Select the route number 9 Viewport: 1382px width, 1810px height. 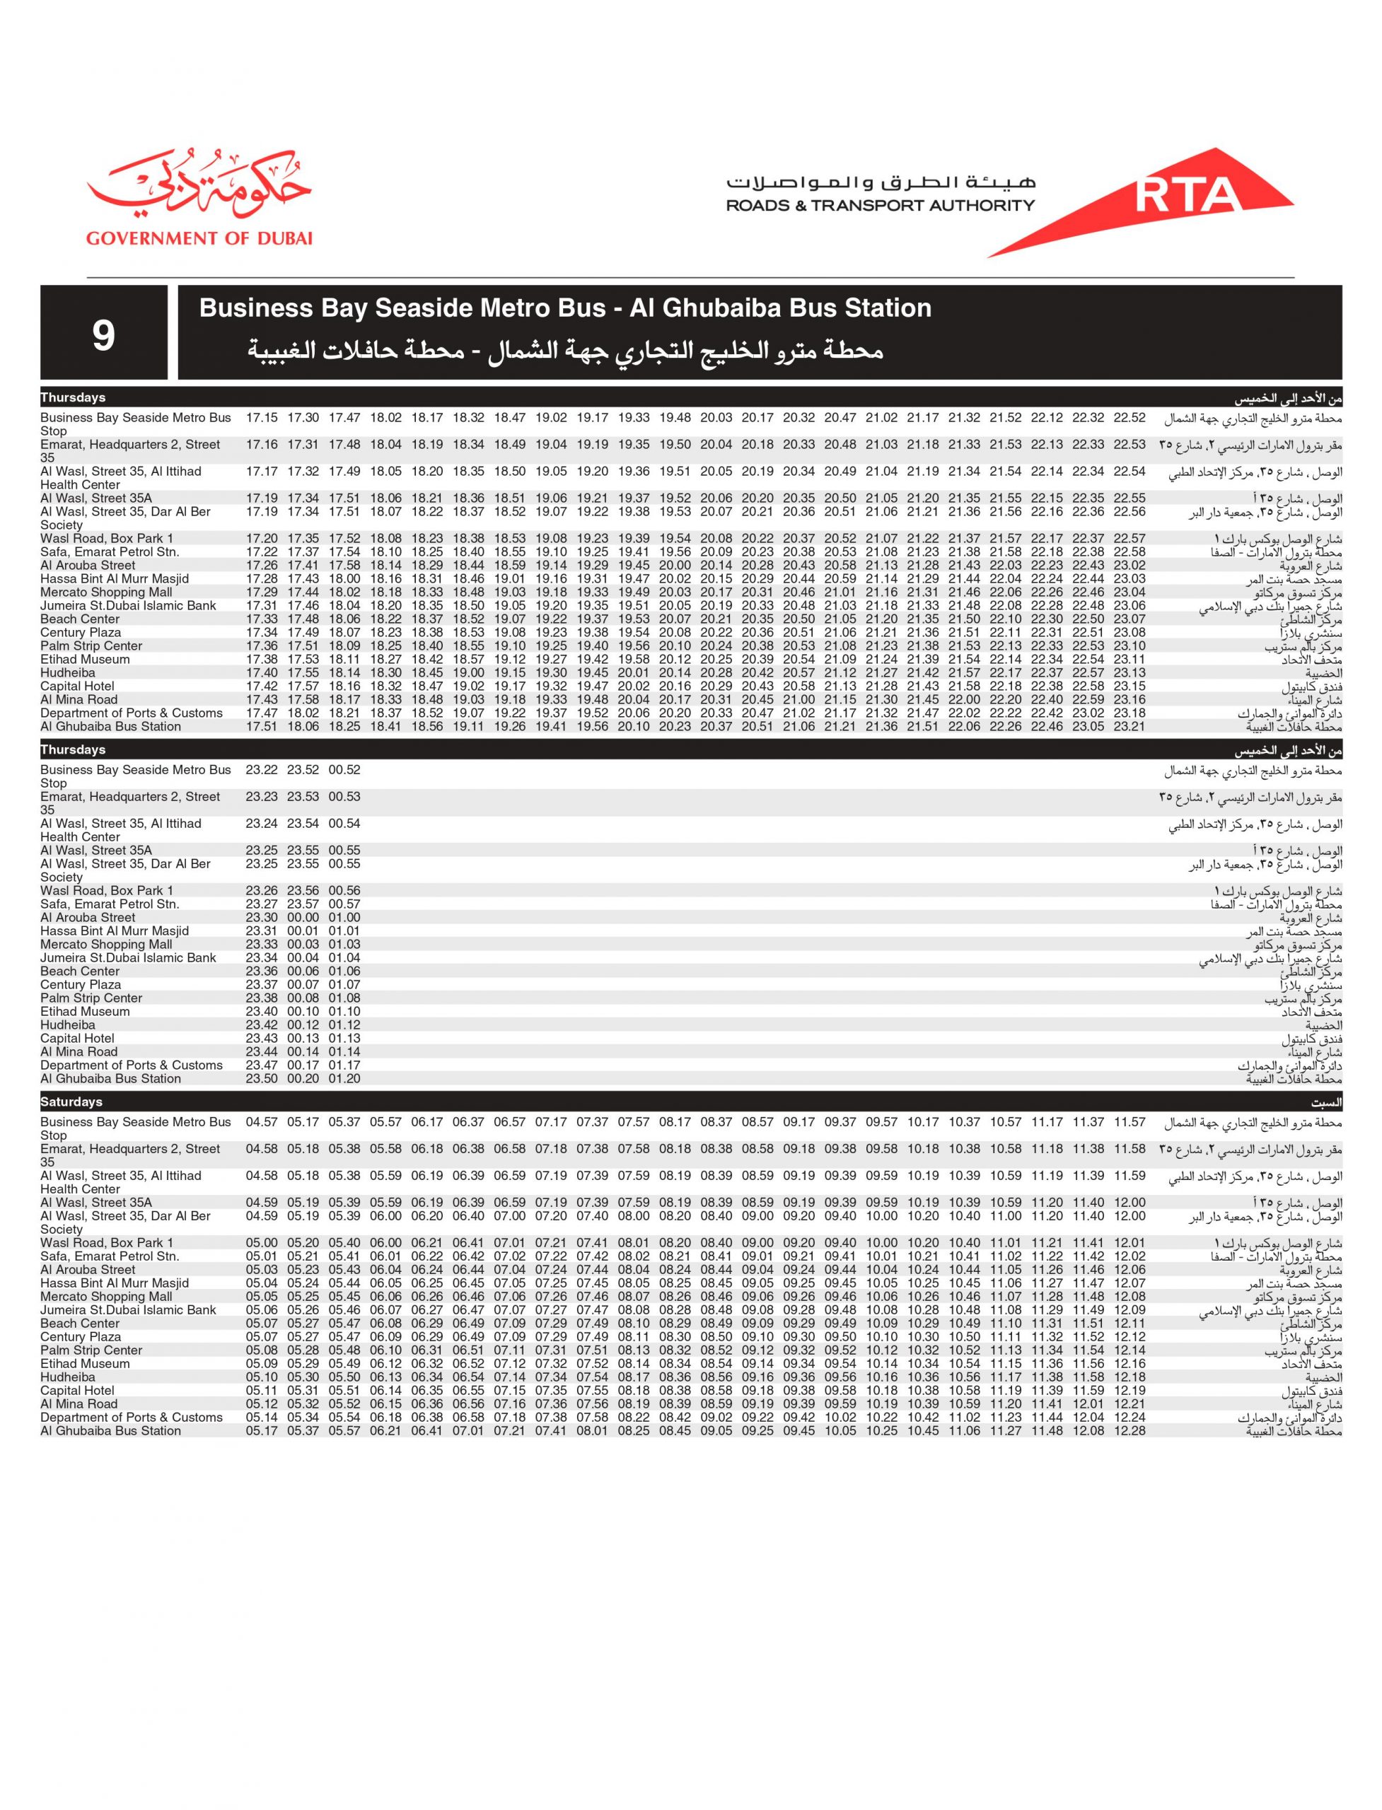tap(104, 334)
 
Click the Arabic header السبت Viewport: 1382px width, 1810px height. tap(1326, 1103)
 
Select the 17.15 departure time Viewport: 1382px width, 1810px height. tap(262, 418)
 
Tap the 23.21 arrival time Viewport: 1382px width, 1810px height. tap(1130, 727)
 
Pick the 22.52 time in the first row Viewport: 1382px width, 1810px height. tap(1130, 418)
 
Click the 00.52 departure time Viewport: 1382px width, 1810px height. tap(344, 770)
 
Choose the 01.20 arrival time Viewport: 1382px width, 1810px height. tap(344, 1079)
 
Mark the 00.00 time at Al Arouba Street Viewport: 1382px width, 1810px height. tap(303, 918)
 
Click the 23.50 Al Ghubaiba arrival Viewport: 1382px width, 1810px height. tap(262, 1079)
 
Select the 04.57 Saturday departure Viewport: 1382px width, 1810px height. tap(262, 1123)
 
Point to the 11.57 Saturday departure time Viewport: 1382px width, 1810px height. tap(1130, 1123)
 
